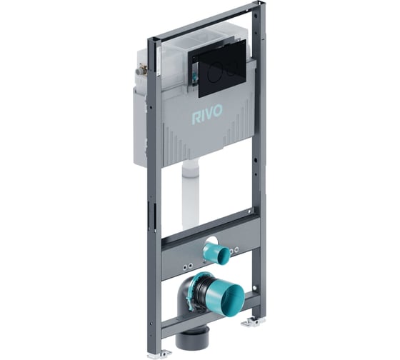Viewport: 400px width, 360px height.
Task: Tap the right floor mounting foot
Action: click(252, 323)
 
